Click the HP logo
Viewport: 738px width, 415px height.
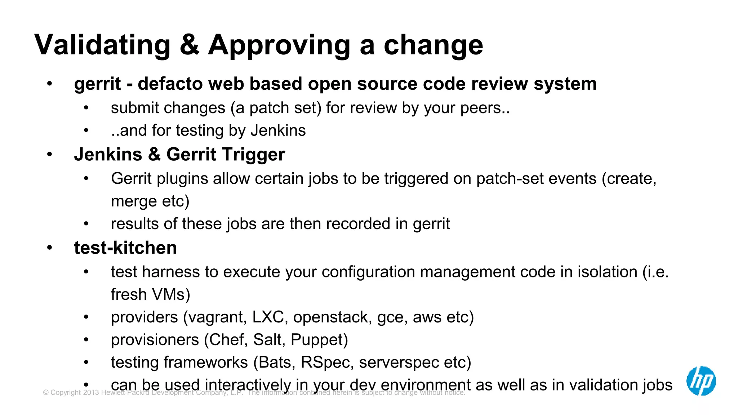[701, 381]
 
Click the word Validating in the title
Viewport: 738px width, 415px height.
[102, 45]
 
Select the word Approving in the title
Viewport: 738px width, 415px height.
[279, 45]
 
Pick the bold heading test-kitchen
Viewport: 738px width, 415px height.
[125, 248]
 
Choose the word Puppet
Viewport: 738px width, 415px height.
[319, 340]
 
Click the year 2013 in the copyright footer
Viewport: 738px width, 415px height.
[91, 393]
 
